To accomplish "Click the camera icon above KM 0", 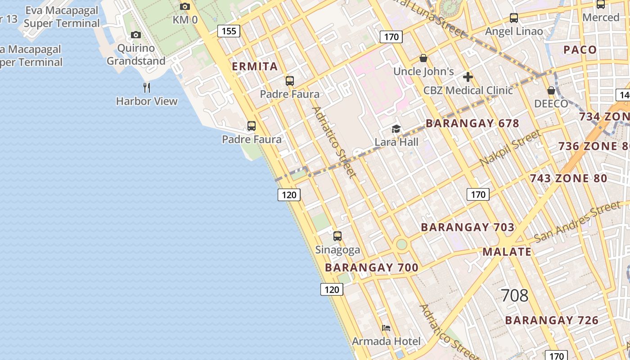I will pos(185,6).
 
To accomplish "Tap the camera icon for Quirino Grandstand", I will pos(135,35).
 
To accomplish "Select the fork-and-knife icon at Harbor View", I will pos(146,87).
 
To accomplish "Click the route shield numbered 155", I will pos(229,31).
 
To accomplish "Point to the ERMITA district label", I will pos(255,67).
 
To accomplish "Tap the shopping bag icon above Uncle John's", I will pos(423,58).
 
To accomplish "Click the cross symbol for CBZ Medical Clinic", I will pos(468,77).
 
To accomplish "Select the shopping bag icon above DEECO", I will pos(551,90).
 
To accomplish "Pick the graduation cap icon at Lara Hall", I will pos(396,129).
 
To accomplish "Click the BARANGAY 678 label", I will pos(472,123).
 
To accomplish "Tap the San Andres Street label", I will pos(577,222).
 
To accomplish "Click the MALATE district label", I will pos(507,252).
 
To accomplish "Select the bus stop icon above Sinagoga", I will pos(337,236).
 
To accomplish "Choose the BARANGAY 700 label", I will pos(372,268).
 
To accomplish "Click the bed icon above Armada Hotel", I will pos(386,328).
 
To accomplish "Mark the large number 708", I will pos(514,296).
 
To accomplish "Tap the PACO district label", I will pos(580,49).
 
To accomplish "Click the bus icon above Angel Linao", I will pos(513,18).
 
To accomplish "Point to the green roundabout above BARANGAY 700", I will pos(401,244).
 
